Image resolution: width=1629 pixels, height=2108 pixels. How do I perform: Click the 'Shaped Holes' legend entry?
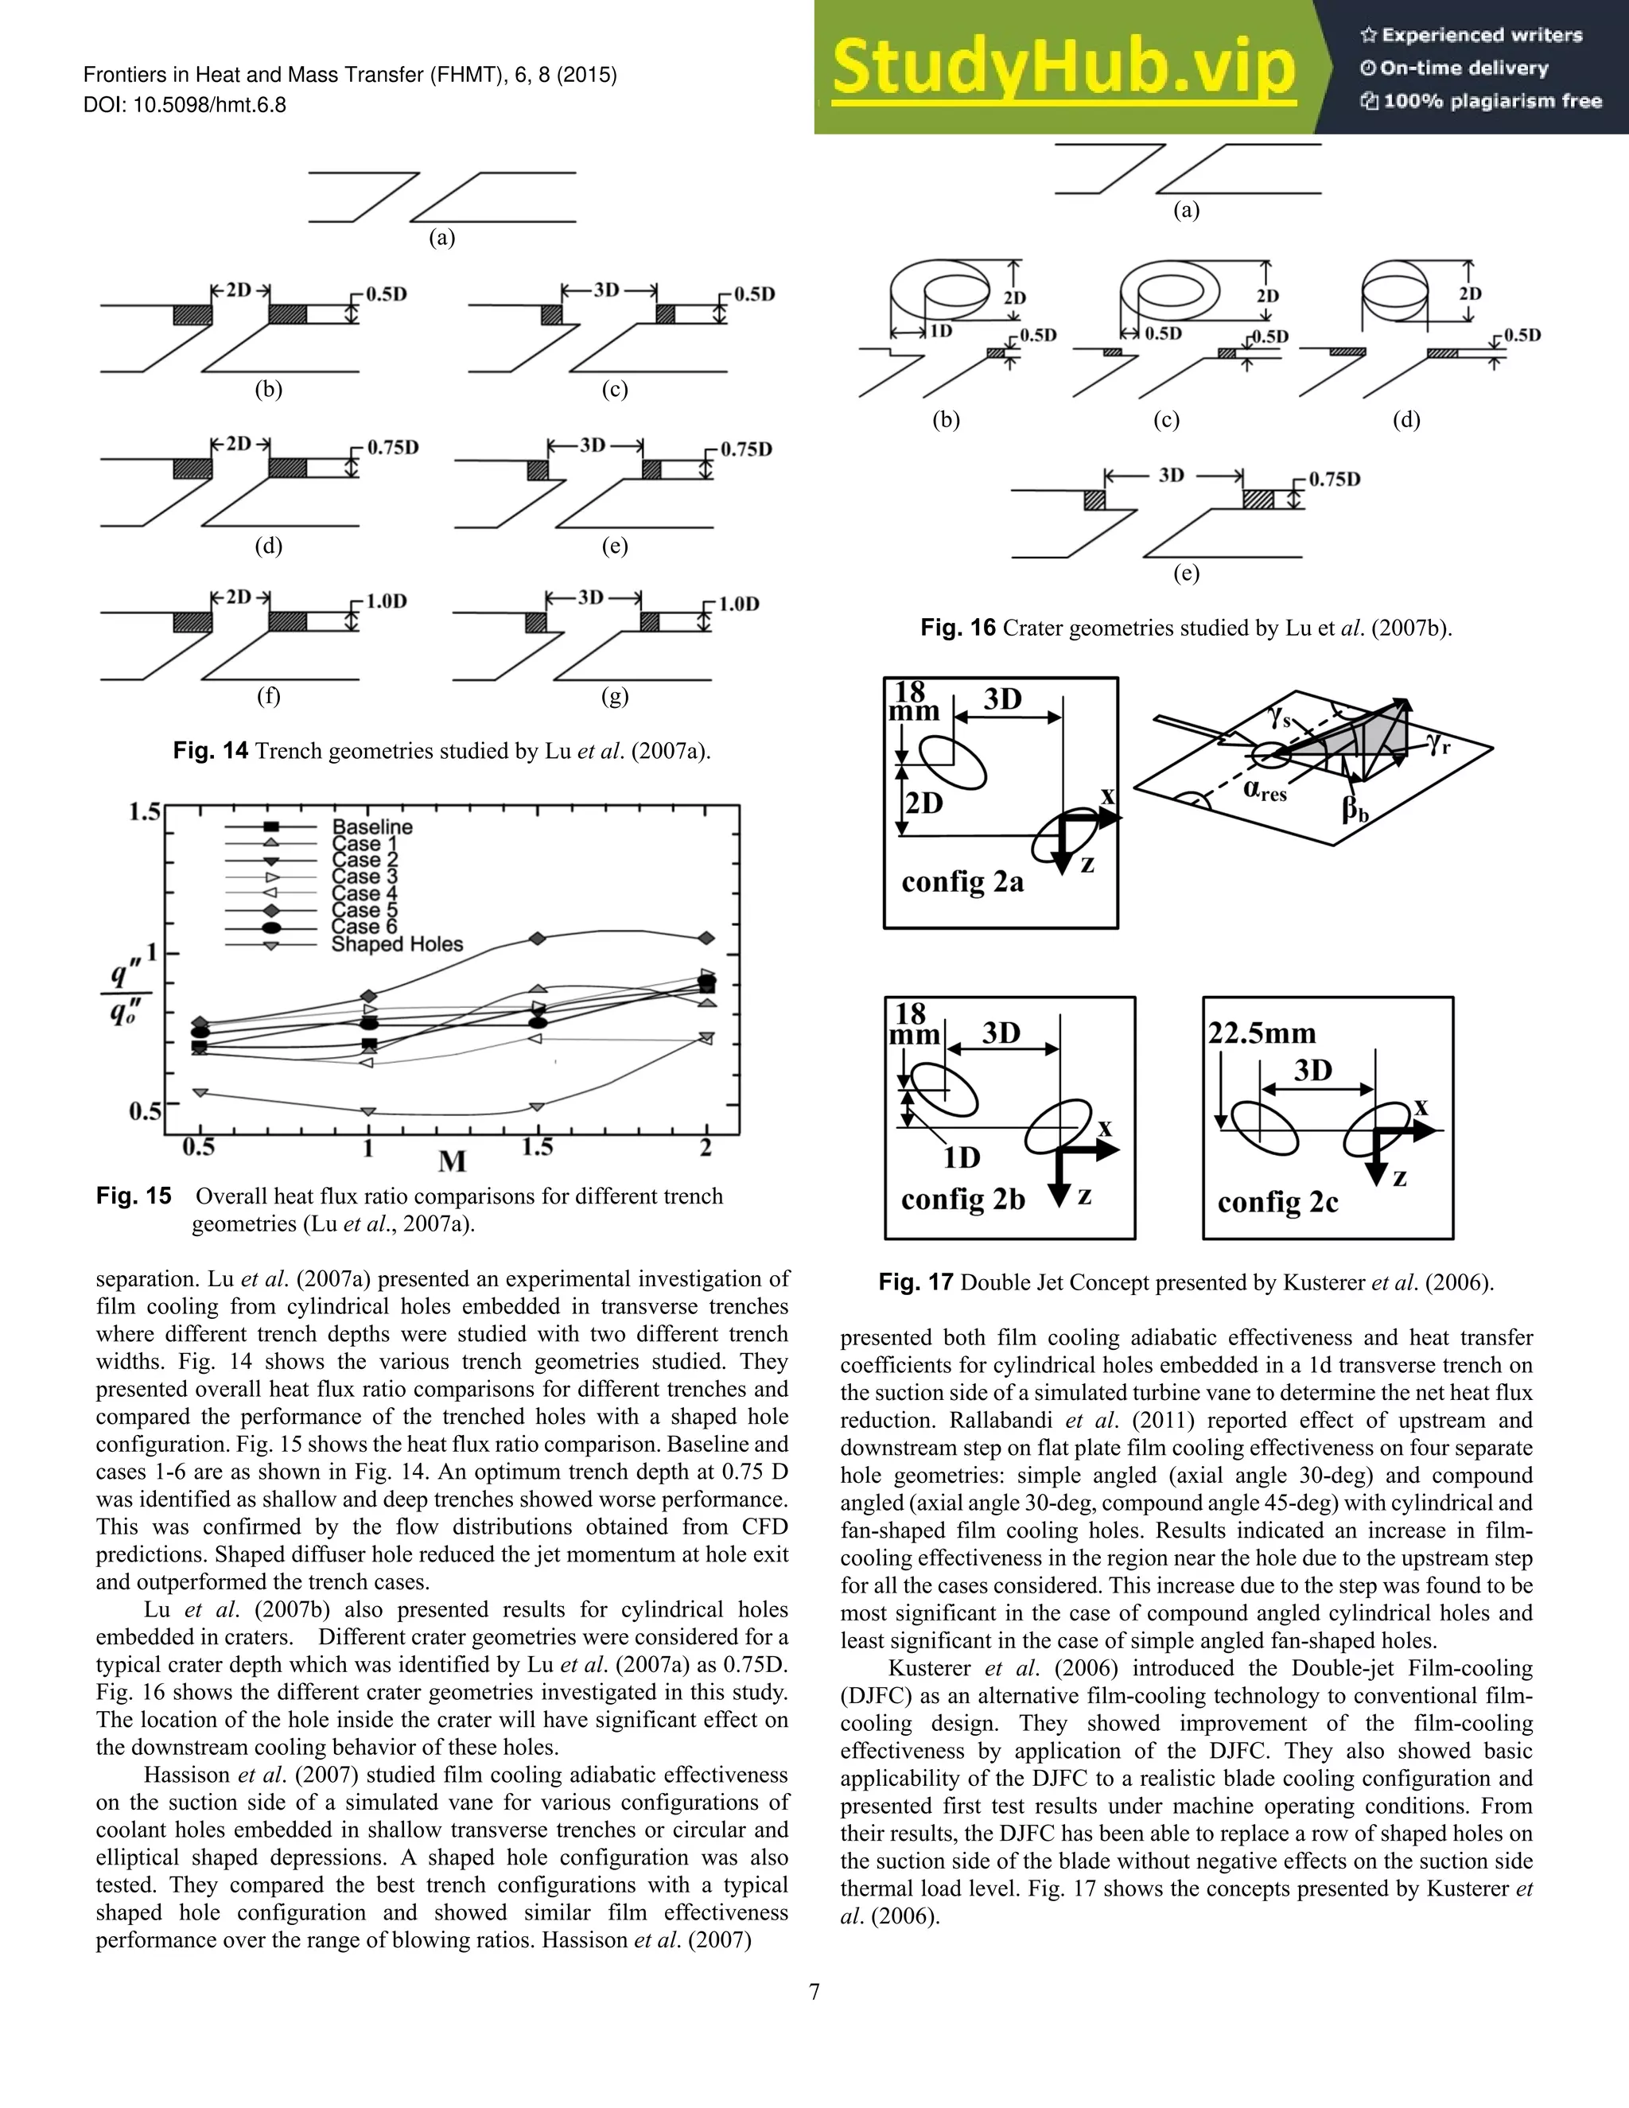pos(397,944)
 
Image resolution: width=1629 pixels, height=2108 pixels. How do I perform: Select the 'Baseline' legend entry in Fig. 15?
pos(371,827)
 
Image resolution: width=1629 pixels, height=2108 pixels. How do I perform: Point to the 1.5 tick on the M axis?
pos(538,1148)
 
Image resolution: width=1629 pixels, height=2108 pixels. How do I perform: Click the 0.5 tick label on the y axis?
pos(145,1111)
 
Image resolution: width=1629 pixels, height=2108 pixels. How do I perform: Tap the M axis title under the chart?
pos(452,1161)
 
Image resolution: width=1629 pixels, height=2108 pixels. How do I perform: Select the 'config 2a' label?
pos(962,882)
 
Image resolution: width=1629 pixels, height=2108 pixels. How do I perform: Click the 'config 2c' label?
pos(1277,1203)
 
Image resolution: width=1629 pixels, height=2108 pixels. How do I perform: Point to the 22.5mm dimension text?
pos(1262,1034)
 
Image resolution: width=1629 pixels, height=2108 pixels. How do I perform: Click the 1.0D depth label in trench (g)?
pos(738,605)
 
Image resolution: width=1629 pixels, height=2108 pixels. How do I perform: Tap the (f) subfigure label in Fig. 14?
pos(268,696)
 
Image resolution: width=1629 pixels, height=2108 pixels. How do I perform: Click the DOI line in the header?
pos(185,105)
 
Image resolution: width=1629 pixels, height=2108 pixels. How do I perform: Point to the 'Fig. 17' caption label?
pos(915,1283)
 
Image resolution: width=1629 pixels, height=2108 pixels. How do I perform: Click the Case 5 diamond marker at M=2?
pos(706,938)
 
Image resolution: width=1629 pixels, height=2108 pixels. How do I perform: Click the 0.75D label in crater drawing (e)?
pos(1335,480)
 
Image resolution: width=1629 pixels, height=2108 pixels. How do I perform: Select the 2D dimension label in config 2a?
pos(924,803)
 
